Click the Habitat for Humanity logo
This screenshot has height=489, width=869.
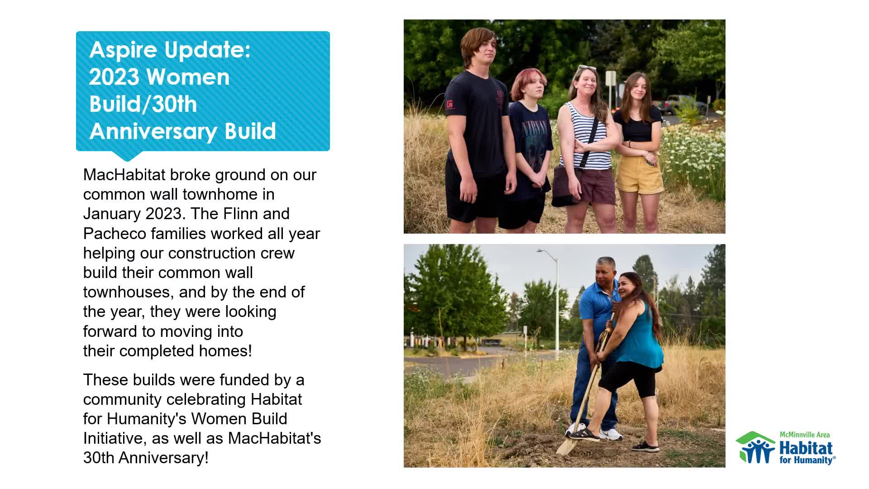point(785,448)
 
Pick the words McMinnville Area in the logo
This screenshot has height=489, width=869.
point(804,435)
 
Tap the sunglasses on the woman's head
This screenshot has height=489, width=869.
point(586,68)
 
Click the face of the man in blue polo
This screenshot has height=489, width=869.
point(605,274)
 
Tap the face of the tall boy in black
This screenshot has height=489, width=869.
point(480,57)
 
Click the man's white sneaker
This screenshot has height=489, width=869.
point(611,434)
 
